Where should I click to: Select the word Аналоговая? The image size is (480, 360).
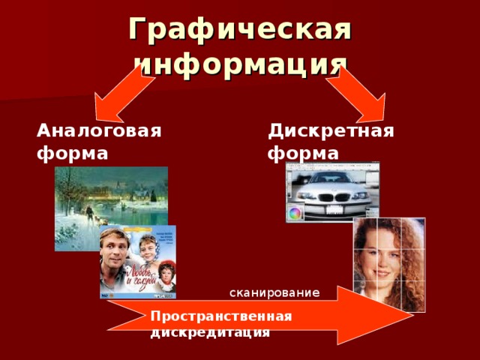[x=100, y=130]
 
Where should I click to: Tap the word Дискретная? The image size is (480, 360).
[x=331, y=130]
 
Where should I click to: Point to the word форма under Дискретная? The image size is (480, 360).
[x=303, y=154]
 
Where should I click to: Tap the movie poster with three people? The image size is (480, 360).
[x=138, y=261]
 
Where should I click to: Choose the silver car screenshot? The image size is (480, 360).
[x=332, y=191]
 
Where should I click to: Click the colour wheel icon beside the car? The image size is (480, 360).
[x=295, y=213]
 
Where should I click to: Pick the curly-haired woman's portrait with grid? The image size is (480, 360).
[x=388, y=264]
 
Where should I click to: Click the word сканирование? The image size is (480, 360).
[x=274, y=292]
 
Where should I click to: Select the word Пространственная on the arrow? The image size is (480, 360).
[x=220, y=316]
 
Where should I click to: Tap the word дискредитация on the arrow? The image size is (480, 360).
[x=210, y=331]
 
